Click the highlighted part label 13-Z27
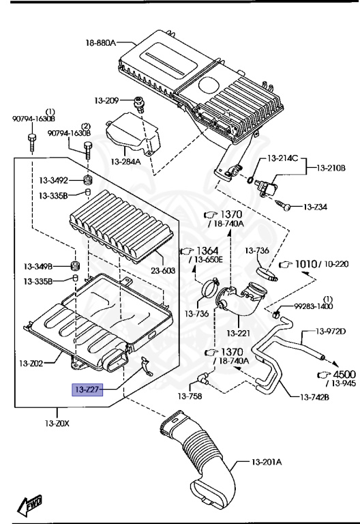[87, 390]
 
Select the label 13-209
[108, 101]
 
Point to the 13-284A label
[125, 162]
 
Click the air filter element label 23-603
[162, 270]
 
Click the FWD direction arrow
[29, 505]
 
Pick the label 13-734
[316, 206]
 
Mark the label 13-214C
[283, 158]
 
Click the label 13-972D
[331, 332]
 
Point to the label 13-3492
[52, 181]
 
